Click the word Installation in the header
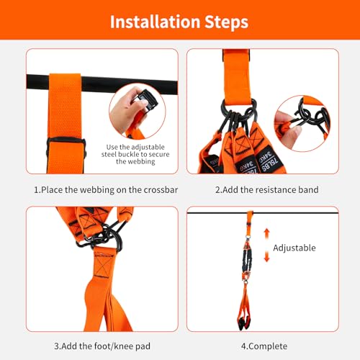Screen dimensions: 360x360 pyautogui.click(x=155, y=22)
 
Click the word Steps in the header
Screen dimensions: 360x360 pyautogui.click(x=226, y=22)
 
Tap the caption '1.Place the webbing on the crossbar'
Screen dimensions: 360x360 pyautogui.click(x=106, y=190)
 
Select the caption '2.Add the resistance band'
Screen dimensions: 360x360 pyautogui.click(x=267, y=190)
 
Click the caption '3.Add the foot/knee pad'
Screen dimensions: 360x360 pyautogui.click(x=102, y=346)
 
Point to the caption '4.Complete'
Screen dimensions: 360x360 pyautogui.click(x=264, y=346)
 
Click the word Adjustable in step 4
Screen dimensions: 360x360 pyautogui.click(x=294, y=248)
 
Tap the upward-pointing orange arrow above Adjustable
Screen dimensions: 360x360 pyautogui.click(x=266, y=234)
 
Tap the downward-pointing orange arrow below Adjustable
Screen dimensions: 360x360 pyautogui.click(x=266, y=256)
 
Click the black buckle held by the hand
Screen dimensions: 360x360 pyautogui.click(x=146, y=101)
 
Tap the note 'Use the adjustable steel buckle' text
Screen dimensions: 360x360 pyautogui.click(x=135, y=154)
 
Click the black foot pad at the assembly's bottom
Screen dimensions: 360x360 pyautogui.click(x=244, y=323)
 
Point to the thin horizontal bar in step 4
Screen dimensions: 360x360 pyautogui.click(x=263, y=212)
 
